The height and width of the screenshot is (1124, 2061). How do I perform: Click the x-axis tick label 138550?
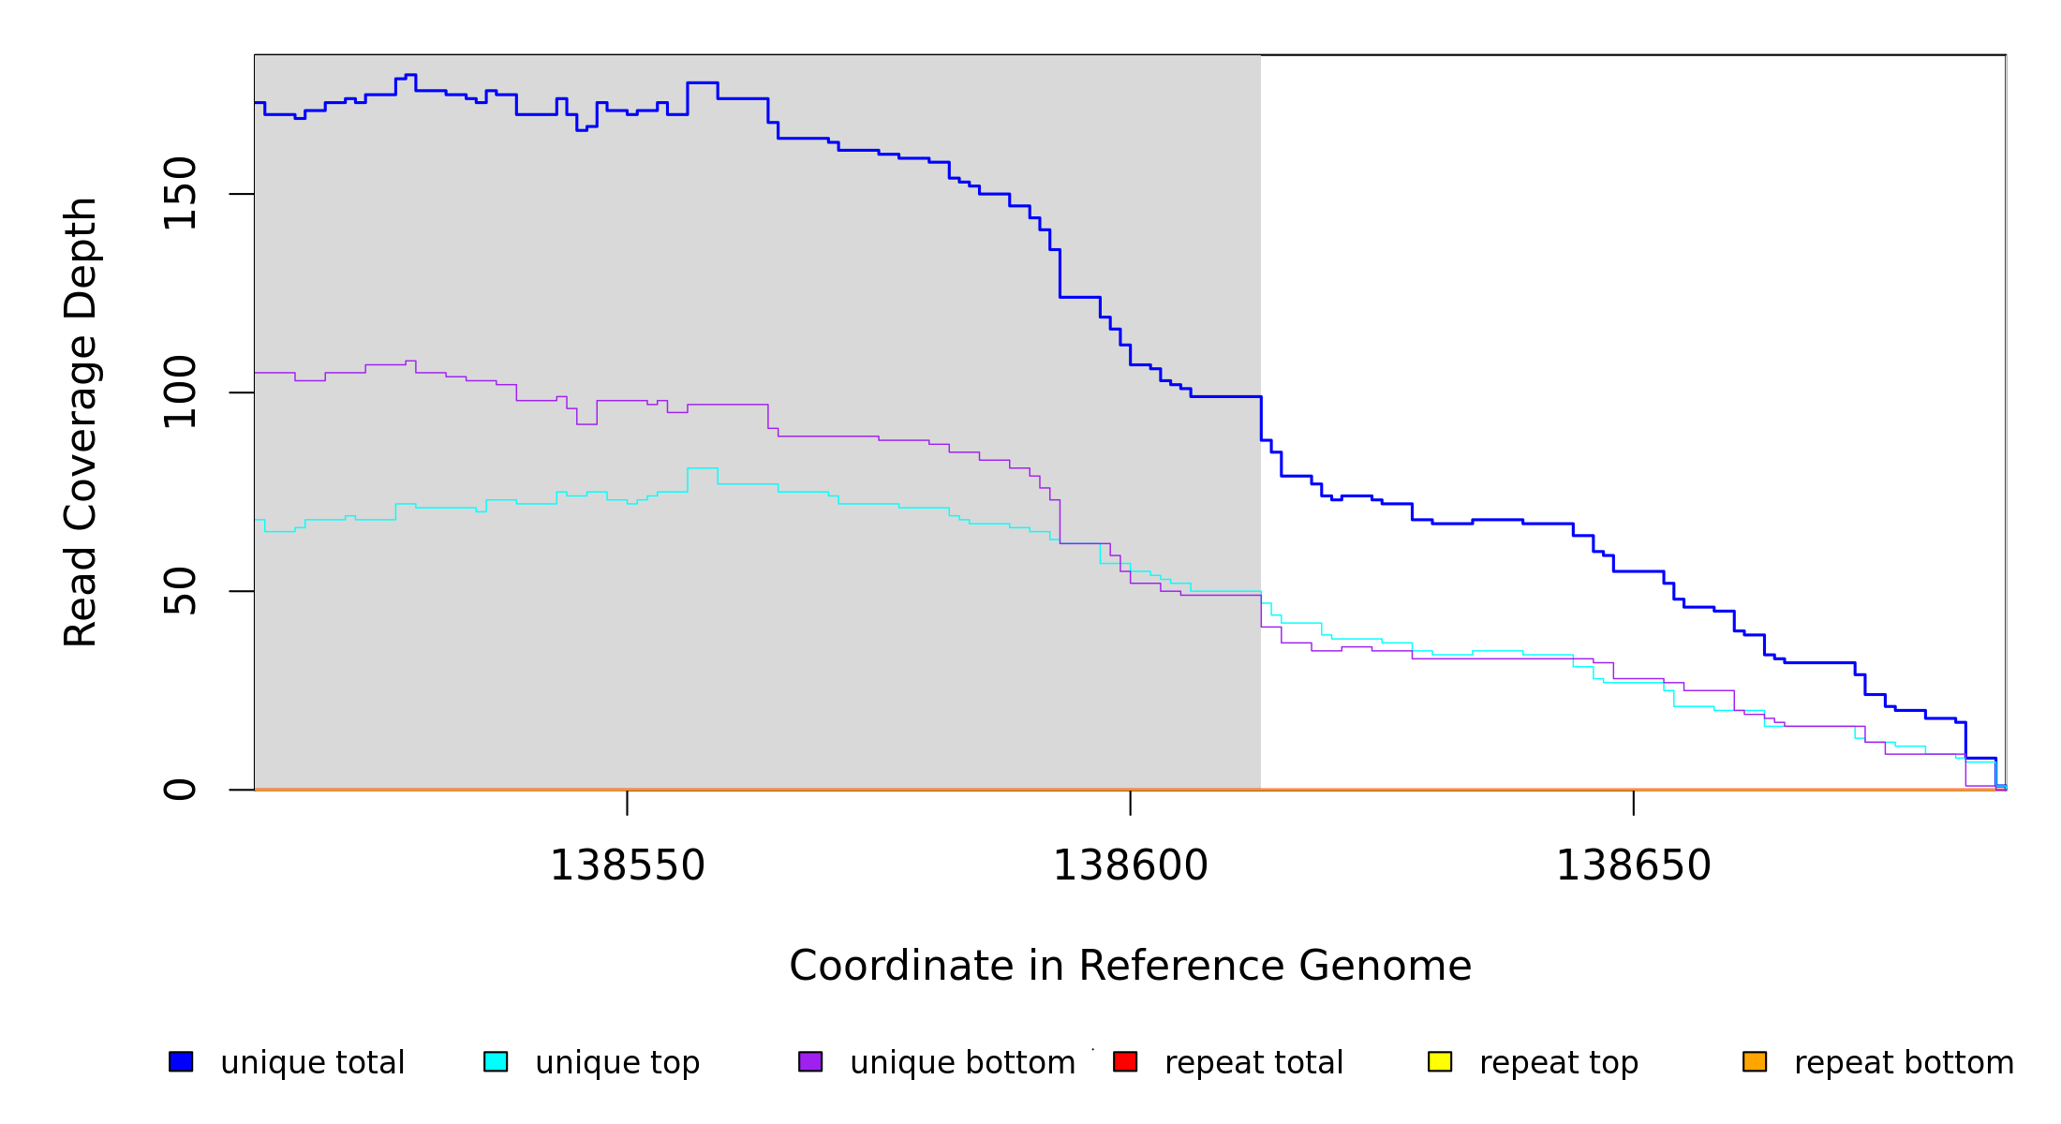(627, 866)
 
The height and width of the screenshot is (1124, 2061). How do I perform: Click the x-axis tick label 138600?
(1130, 866)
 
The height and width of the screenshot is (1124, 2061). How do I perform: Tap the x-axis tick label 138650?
(1633, 866)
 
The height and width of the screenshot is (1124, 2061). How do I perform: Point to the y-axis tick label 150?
(180, 194)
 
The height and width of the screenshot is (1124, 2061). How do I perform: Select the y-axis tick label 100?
(180, 392)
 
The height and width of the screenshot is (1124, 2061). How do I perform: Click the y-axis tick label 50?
(180, 591)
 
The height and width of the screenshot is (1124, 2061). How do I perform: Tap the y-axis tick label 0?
(180, 790)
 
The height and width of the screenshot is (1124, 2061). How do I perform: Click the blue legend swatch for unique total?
(181, 1061)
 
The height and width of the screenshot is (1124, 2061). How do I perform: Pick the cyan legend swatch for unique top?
(496, 1061)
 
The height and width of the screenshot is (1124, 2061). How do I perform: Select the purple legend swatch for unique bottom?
(810, 1061)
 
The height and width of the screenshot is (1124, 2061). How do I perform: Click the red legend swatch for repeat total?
(1125, 1061)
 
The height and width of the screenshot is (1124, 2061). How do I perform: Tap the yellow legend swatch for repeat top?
(1440, 1061)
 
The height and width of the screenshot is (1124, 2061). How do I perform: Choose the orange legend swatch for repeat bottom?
(1755, 1061)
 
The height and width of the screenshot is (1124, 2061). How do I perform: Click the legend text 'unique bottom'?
(962, 1063)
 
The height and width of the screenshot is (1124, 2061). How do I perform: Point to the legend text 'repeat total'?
(1253, 1063)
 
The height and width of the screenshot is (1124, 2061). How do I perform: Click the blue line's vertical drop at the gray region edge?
(1261, 418)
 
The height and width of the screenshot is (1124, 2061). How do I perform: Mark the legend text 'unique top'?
(617, 1063)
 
